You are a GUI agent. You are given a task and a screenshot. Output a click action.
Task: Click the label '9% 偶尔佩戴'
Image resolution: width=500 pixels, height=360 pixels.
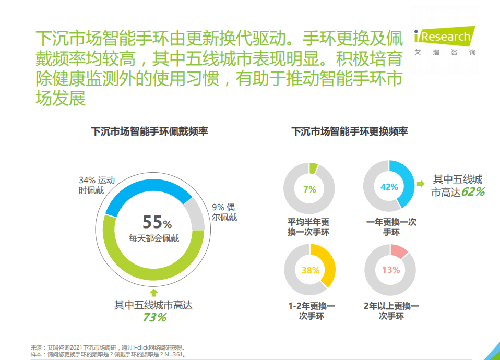tap(224, 212)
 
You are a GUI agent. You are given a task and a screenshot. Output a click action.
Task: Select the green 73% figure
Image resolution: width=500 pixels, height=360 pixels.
tap(154, 317)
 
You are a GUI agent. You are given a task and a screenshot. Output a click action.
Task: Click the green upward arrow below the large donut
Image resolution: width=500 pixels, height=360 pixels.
tap(154, 292)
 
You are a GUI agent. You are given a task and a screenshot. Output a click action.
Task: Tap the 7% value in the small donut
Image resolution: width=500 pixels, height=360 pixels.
tap(309, 189)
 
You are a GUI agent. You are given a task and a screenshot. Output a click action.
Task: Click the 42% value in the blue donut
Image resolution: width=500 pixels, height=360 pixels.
tap(389, 187)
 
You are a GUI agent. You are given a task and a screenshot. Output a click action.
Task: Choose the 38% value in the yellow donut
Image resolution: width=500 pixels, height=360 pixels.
tap(310, 270)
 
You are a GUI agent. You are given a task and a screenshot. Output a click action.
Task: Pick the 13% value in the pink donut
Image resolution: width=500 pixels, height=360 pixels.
tap(390, 270)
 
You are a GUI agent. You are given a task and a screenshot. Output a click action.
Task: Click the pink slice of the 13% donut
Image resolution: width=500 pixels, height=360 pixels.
tap(399, 250)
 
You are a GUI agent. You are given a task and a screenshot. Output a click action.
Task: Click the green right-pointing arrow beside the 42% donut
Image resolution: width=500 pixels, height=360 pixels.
tap(421, 184)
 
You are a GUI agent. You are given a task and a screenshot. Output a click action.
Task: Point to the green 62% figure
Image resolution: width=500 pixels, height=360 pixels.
tap(473, 192)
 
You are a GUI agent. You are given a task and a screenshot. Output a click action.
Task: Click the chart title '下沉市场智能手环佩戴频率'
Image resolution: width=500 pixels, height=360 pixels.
tap(150, 131)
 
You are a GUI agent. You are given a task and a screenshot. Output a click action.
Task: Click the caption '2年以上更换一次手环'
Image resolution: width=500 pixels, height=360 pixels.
tap(391, 311)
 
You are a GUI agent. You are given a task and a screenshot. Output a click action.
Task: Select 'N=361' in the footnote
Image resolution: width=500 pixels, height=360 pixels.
tap(173, 354)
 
